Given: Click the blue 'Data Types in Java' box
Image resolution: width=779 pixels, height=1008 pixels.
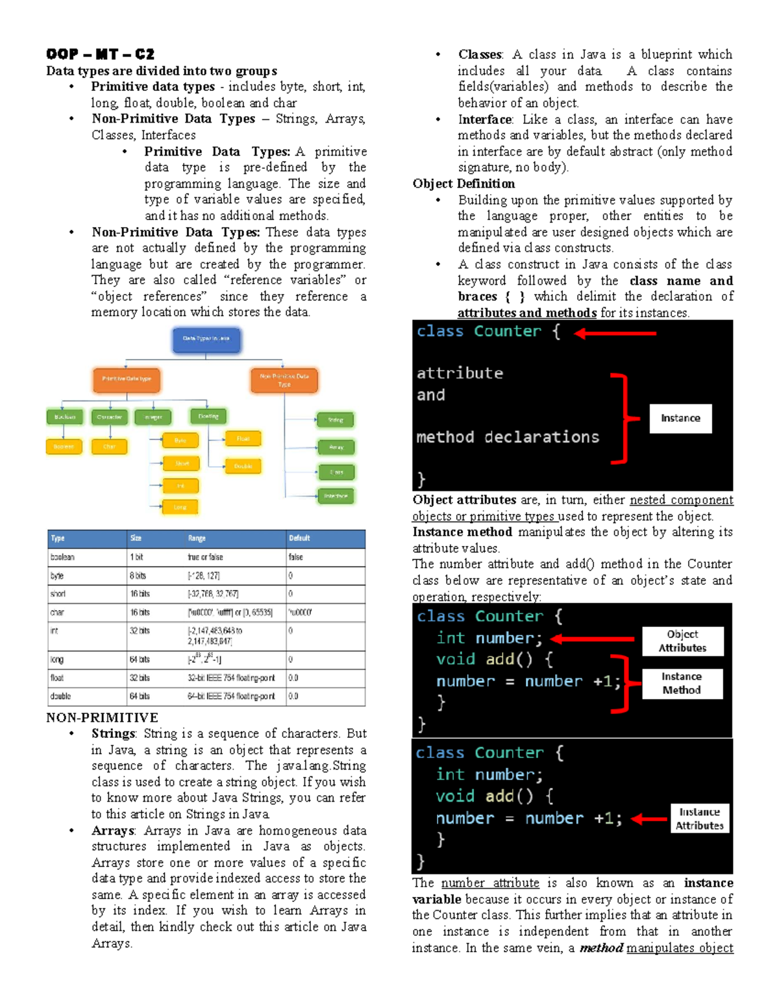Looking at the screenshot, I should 206,339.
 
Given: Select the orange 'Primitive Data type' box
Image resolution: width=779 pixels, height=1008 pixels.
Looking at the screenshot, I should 127,380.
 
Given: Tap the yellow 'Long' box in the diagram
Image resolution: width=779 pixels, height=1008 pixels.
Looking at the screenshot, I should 180,507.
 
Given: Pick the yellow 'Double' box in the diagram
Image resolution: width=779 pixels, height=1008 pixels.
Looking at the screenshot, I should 243,466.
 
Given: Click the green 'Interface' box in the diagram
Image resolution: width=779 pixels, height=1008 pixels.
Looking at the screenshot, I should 336,497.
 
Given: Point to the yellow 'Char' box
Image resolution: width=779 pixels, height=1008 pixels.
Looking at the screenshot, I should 109,447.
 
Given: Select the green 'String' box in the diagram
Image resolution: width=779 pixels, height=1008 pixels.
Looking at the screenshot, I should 335,420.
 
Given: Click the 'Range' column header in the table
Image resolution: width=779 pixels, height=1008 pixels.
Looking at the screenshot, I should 197,538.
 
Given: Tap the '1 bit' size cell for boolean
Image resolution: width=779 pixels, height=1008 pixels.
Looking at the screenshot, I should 136,557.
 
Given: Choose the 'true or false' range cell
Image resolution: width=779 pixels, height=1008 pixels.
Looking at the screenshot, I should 205,557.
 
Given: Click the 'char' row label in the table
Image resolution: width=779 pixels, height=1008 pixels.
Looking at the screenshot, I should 57,612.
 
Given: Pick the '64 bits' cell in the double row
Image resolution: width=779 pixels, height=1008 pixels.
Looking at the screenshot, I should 139,696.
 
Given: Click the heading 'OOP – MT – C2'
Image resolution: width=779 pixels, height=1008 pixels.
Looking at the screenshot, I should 100,54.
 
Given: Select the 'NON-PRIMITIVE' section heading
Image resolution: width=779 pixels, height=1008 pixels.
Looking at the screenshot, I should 102,717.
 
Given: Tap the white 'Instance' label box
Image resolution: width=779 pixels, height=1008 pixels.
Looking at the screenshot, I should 680,419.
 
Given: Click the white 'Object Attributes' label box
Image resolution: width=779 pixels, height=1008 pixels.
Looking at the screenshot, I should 682,641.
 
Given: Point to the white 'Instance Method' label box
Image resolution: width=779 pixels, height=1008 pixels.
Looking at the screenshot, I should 682,683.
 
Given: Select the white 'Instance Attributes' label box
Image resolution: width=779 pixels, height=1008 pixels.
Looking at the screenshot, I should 699,818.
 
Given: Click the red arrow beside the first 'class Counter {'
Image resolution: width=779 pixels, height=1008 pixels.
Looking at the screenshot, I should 615,333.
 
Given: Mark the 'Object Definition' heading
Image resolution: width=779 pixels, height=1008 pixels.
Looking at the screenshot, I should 464,184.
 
